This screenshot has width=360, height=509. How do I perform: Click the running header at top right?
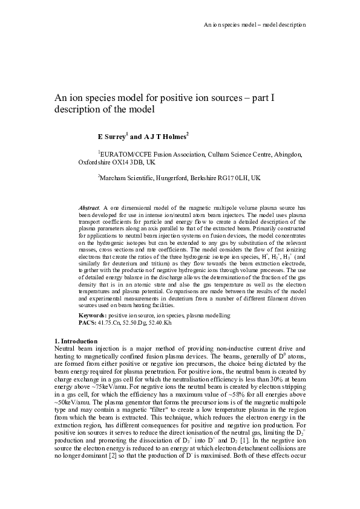pos(254,25)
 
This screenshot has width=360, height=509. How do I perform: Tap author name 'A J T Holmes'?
pos(165,137)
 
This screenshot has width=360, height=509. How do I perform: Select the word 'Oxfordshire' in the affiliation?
pos(94,163)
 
